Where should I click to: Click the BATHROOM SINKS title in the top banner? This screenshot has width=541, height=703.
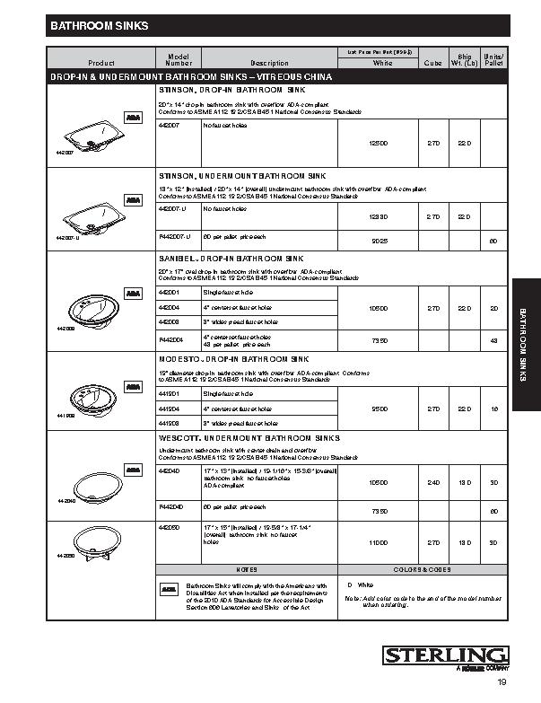pyautogui.click(x=99, y=27)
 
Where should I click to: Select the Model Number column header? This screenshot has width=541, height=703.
pyautogui.click(x=178, y=59)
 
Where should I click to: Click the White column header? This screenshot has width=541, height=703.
pyautogui.click(x=382, y=63)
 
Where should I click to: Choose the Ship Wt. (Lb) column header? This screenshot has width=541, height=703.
pyautogui.click(x=465, y=59)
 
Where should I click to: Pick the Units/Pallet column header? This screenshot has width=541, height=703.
pyautogui.click(x=493, y=59)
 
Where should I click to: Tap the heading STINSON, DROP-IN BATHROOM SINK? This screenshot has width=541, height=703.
pyautogui.click(x=232, y=91)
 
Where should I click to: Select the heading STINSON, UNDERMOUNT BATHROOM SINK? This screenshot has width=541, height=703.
pyautogui.click(x=243, y=176)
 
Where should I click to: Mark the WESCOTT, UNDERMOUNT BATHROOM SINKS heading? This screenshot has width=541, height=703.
pyautogui.click(x=249, y=437)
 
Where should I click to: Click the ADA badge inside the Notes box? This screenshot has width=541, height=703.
pyautogui.click(x=169, y=589)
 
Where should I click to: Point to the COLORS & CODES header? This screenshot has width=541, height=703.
pyautogui.click(x=421, y=569)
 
